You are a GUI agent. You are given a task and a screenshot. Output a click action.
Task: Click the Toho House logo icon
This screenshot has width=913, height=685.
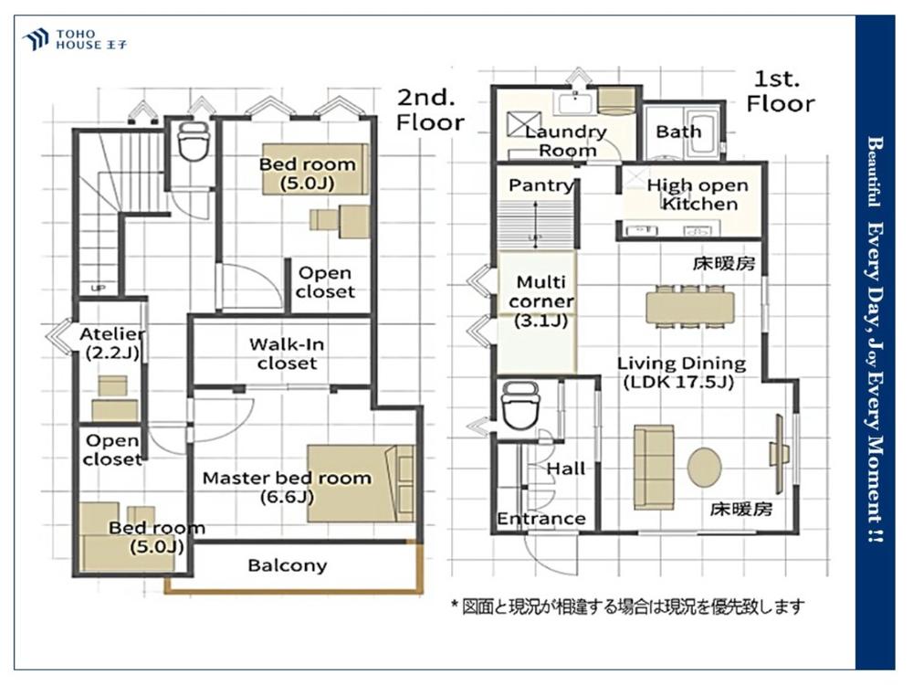pos(35,39)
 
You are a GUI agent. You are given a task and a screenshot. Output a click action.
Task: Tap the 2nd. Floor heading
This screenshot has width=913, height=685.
pos(430,111)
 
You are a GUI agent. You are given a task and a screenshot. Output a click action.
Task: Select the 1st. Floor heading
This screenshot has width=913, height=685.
pos(780,91)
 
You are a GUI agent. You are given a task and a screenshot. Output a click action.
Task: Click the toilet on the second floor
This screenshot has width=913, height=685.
pos(194,141)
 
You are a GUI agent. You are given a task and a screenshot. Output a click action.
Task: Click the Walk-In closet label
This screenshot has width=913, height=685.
pos(287,353)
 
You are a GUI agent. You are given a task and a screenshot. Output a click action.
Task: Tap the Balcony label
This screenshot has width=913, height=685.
pos(287,565)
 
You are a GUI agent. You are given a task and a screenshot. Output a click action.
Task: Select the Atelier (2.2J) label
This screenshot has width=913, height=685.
pos(112,343)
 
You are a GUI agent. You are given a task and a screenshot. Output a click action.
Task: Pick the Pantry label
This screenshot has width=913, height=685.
pos(540,185)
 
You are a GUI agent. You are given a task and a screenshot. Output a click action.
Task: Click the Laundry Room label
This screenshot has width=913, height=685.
pos(565,141)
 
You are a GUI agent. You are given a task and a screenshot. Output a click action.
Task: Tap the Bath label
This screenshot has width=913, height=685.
pos(678,132)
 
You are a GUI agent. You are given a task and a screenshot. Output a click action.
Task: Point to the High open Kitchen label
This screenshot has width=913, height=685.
pos(698,195)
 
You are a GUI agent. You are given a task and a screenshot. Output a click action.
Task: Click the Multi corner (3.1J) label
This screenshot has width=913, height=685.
pos(540,301)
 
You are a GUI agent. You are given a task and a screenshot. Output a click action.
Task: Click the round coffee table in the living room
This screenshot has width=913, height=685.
pos(705,467)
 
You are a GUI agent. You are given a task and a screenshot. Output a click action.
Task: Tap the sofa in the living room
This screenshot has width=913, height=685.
pos(654,467)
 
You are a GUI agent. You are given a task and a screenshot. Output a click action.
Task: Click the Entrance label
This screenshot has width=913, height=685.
pos(540,519)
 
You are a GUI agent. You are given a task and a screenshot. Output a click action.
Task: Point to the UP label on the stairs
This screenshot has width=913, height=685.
pos(99,289)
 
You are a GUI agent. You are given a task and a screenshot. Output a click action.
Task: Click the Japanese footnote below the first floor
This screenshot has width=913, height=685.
pos(628,606)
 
